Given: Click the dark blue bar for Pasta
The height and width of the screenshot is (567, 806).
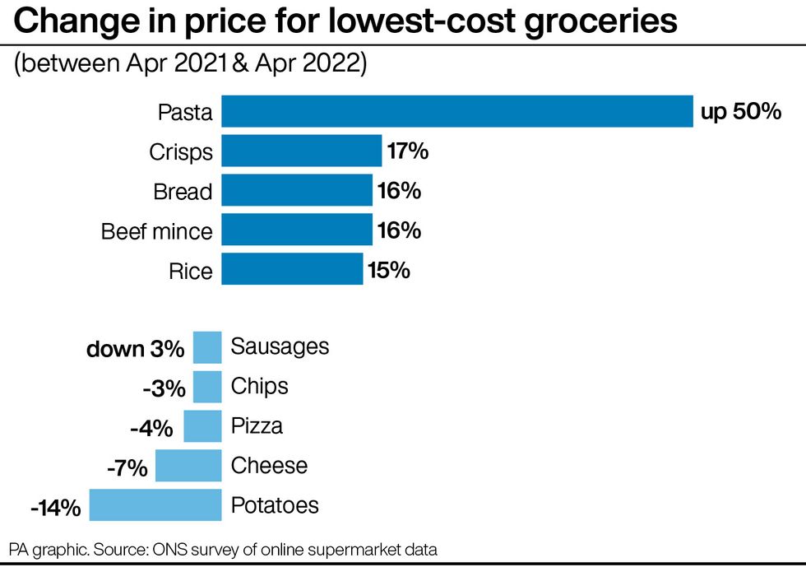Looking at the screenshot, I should pyautogui.click(x=457, y=112).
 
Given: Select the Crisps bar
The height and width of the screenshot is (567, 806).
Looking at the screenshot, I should pyautogui.click(x=302, y=151).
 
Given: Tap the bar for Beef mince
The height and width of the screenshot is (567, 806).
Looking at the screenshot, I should pyautogui.click(x=297, y=230).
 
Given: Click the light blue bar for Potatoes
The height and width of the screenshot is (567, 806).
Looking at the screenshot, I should pyautogui.click(x=155, y=504).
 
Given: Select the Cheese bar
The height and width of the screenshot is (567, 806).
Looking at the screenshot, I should pyautogui.click(x=188, y=466).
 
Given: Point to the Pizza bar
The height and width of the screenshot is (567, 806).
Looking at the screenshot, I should pyautogui.click(x=202, y=426).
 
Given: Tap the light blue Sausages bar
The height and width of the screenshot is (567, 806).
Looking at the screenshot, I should pyautogui.click(x=207, y=347).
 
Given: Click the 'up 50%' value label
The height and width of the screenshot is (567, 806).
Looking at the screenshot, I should pyautogui.click(x=740, y=112).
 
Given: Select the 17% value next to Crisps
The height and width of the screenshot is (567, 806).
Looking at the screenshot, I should pyautogui.click(x=408, y=151).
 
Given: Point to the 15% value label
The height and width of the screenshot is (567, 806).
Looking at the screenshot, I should pyautogui.click(x=389, y=270).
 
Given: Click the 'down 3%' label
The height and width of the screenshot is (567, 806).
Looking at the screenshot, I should pyautogui.click(x=136, y=349).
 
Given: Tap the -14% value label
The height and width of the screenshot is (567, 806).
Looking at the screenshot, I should pyautogui.click(x=55, y=508).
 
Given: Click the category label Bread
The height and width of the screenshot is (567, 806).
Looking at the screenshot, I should pyautogui.click(x=183, y=192).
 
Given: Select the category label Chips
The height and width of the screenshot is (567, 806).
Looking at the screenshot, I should pyautogui.click(x=260, y=386).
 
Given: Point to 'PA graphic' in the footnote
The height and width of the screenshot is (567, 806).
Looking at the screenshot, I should pyautogui.click(x=44, y=548).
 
